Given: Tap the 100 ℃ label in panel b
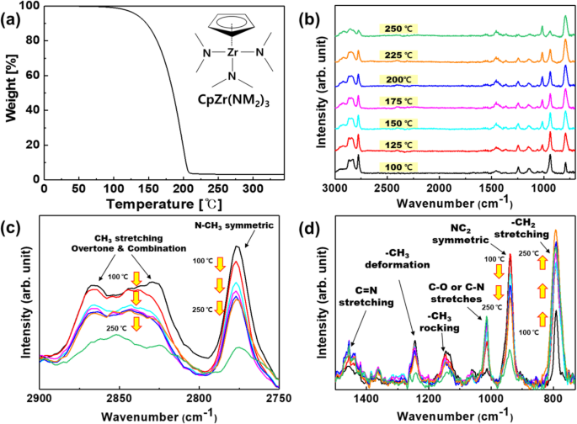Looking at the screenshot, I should [x=397, y=167].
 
